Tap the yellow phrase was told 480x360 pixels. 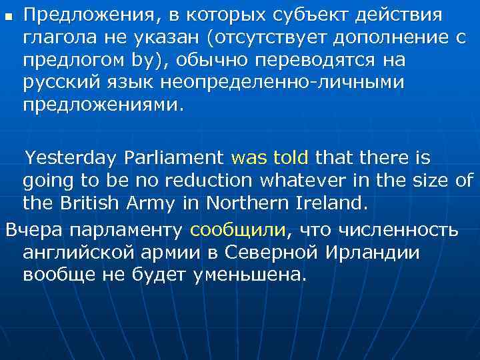(269, 158)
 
